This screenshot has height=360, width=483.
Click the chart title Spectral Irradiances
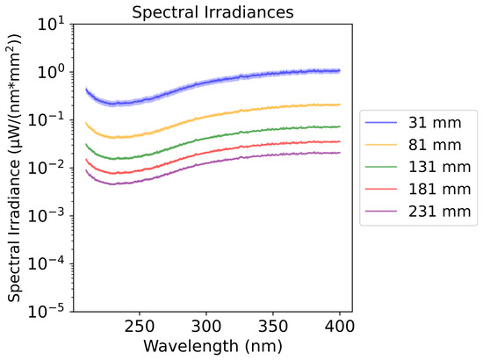[x=213, y=12]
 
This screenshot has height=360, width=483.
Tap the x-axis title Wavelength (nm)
[x=213, y=346]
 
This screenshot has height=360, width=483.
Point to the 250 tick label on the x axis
[x=140, y=326]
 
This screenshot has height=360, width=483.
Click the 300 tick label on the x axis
[x=206, y=326]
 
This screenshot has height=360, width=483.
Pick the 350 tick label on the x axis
[x=273, y=326]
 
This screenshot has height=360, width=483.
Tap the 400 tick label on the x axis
[x=340, y=326]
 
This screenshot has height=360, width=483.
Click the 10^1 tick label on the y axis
[x=51, y=24]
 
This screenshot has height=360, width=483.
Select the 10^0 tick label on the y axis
[x=51, y=72]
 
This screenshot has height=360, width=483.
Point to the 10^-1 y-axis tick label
[x=47, y=119]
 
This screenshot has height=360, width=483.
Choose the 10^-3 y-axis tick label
[x=47, y=216]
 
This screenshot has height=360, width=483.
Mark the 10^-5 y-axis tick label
[x=47, y=312]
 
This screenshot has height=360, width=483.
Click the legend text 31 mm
[x=435, y=123]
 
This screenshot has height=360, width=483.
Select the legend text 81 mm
[x=435, y=145]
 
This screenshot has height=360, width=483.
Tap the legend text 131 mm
[x=440, y=167]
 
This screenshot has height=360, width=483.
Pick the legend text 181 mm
[x=440, y=189]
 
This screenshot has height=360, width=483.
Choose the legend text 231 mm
[x=440, y=212]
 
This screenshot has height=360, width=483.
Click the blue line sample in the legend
[x=381, y=123]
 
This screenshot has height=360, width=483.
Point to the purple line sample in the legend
[x=381, y=212]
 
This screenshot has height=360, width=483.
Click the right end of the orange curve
[x=340, y=104]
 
